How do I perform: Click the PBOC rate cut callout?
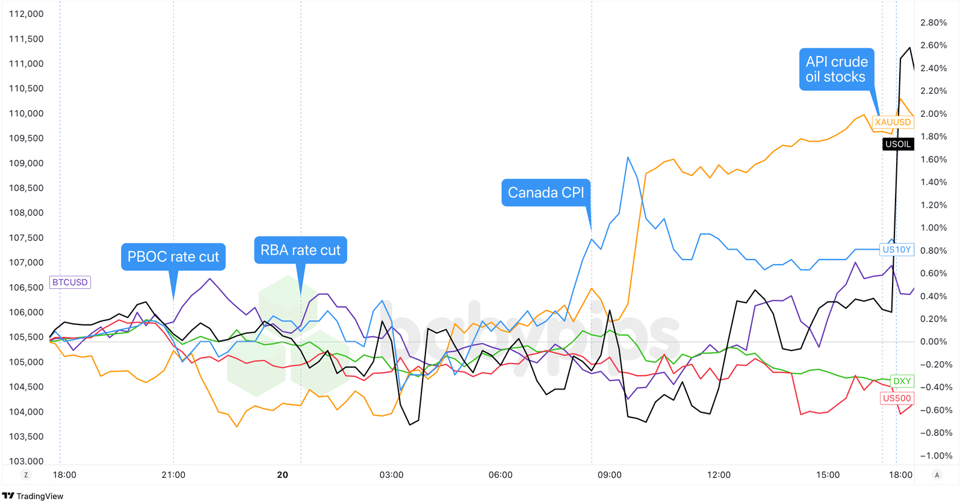tap(173, 257)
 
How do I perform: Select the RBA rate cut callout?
tap(300, 250)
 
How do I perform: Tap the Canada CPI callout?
tap(545, 193)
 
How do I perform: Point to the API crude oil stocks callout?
tap(836, 69)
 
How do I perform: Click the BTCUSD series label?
tap(70, 282)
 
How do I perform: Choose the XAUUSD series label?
tap(893, 122)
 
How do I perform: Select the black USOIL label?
tap(897, 144)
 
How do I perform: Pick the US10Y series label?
tap(896, 249)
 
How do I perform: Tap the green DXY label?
tap(902, 381)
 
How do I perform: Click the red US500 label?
tap(896, 398)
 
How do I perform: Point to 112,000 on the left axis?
tap(26, 14)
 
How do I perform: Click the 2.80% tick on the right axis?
tap(934, 23)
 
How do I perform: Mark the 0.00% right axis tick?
tap(934, 342)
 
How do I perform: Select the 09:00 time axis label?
tap(609, 475)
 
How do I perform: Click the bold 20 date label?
tap(282, 475)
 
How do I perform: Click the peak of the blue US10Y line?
tap(628, 157)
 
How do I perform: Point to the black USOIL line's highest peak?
tap(909, 48)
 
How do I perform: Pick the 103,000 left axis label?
tap(26, 461)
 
